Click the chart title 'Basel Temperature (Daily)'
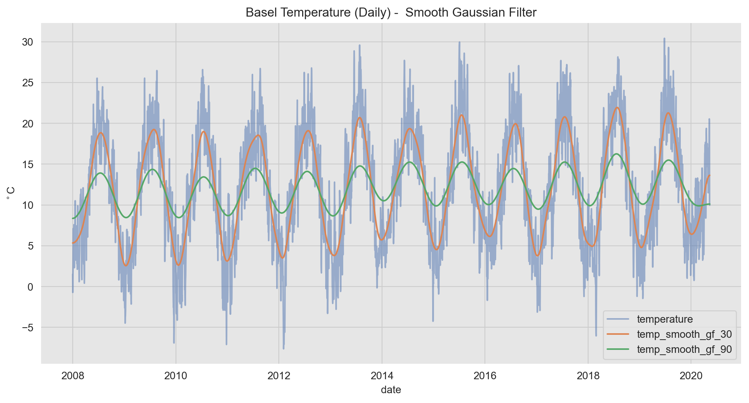391,12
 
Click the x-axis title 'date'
391,390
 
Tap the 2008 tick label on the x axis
73,375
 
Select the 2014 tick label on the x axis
382,375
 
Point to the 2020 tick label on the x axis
691,375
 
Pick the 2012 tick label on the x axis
279,375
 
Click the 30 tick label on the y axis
28,42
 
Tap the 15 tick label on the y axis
28,164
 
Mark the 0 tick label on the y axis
30,287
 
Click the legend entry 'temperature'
665,319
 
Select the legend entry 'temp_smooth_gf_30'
684,334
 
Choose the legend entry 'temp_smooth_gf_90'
684,349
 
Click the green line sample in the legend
618,349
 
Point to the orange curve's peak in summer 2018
617,107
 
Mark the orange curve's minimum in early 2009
126,266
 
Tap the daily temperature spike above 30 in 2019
664,38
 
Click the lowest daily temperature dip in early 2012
283,349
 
